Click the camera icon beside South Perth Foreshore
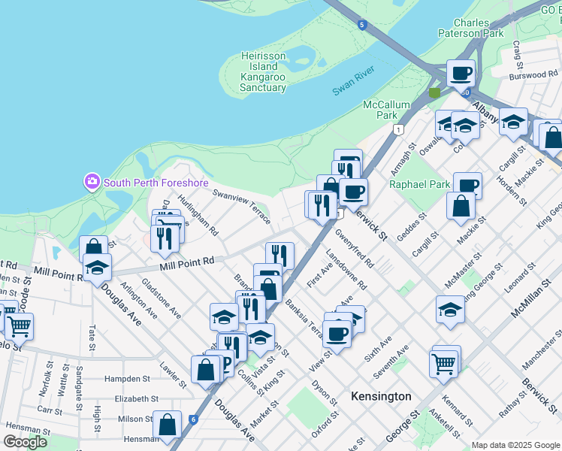click(92, 181)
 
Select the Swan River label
click(352, 88)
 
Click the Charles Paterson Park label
click(473, 28)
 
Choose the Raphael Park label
click(420, 183)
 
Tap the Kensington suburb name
click(382, 396)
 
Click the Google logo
click(25, 442)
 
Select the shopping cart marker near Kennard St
click(444, 364)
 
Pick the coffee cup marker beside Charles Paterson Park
click(461, 74)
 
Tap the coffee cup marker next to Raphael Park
click(467, 185)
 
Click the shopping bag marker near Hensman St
click(167, 424)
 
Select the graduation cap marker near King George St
click(449, 308)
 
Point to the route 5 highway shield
click(363, 25)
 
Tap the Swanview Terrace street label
click(240, 205)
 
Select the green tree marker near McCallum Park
click(434, 93)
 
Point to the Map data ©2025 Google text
click(515, 445)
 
